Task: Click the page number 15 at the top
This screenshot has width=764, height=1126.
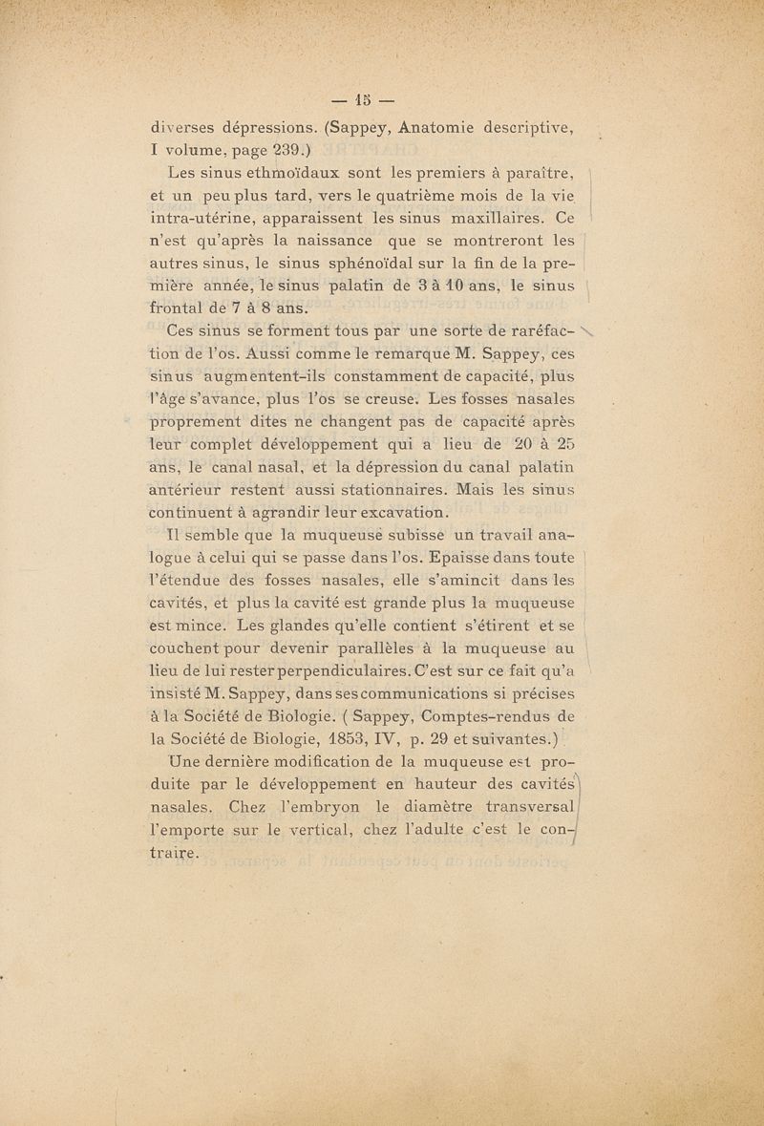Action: (x=362, y=98)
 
